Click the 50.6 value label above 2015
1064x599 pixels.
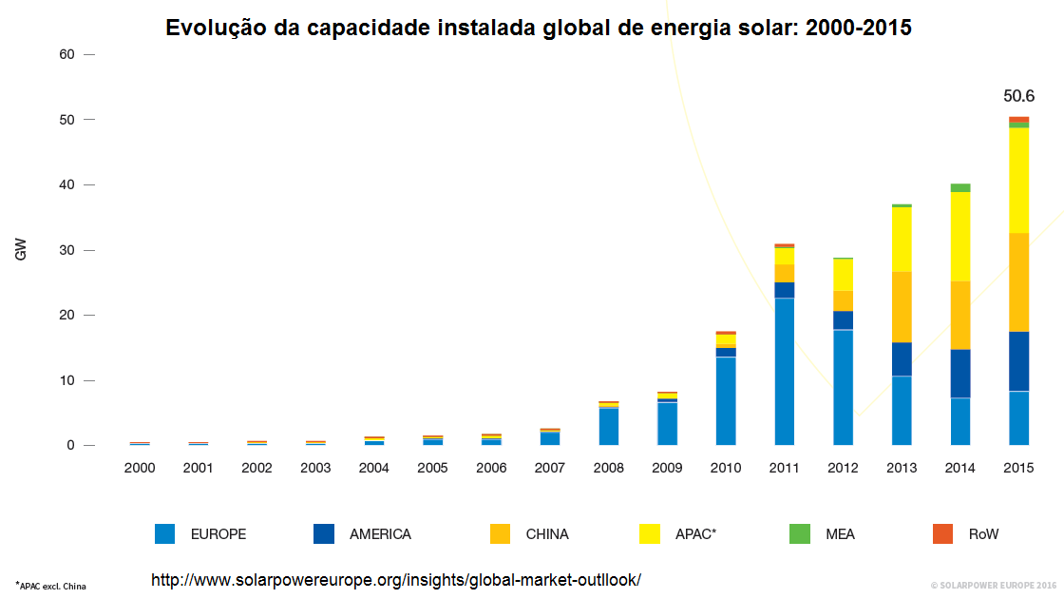point(1018,96)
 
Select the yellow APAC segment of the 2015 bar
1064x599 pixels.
point(1018,181)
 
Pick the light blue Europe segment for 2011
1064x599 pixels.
point(785,371)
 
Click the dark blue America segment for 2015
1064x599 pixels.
point(1018,361)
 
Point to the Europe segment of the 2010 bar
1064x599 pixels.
point(726,400)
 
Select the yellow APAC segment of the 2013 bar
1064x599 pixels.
point(902,239)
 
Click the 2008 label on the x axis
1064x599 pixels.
point(609,469)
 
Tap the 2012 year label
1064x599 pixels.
point(843,469)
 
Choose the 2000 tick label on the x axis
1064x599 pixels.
point(140,469)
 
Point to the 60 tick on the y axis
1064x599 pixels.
point(66,54)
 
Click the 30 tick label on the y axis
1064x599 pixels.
point(66,250)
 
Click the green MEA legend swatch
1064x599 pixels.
point(799,534)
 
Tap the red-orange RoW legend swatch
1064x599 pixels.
point(941,534)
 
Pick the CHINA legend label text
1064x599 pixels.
point(547,534)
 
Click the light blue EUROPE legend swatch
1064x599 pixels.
point(164,534)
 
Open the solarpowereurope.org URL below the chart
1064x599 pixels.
point(396,579)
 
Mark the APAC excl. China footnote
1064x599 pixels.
point(51,586)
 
